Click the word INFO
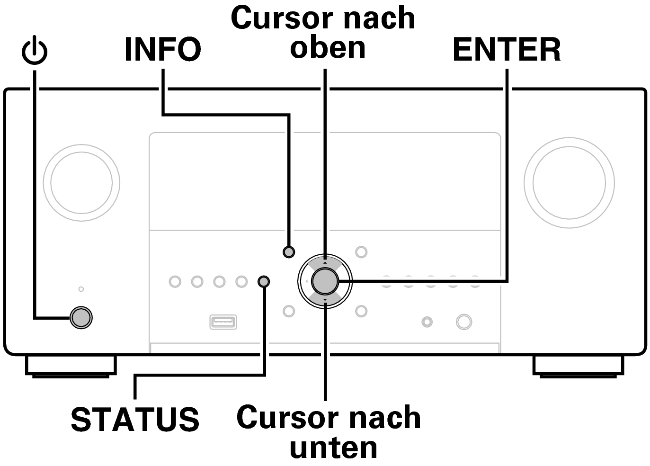click(162, 50)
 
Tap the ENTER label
click(507, 50)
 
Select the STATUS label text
click(135, 419)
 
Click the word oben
click(328, 47)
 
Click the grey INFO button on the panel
click(289, 251)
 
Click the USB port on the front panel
click(223, 322)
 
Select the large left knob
click(81, 183)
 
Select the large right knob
click(569, 183)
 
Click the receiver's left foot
click(71, 366)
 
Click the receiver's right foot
click(578, 366)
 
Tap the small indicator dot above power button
click(81, 289)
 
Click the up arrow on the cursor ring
click(325, 262)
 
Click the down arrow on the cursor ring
click(325, 301)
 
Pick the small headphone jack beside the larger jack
click(427, 323)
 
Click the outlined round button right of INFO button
click(361, 251)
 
